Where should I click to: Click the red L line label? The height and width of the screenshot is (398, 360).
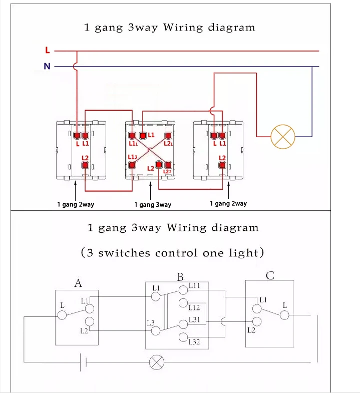tap(47, 50)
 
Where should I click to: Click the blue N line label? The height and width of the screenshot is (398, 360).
tap(47, 66)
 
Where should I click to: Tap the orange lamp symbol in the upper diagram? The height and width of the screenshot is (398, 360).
tap(283, 136)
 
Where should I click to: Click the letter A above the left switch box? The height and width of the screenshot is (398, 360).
tap(78, 283)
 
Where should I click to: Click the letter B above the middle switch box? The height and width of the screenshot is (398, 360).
tap(180, 277)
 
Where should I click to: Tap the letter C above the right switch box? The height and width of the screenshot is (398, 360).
tap(270, 275)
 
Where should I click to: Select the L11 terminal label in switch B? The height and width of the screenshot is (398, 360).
tap(194, 285)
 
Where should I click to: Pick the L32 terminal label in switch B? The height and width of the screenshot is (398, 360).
tap(194, 342)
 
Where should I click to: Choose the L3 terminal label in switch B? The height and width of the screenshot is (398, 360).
tap(151, 323)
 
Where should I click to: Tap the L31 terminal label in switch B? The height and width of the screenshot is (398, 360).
tap(194, 320)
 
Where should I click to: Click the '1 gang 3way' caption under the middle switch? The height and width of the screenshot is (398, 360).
tap(153, 204)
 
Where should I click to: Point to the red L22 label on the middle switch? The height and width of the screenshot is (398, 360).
tap(168, 172)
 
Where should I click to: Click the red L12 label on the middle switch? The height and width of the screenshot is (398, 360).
tap(133, 157)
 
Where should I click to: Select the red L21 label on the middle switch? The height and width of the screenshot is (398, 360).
tap(168, 144)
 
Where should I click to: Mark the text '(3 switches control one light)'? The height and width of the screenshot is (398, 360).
tap(172, 252)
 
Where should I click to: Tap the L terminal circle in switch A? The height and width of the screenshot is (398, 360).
tap(62, 315)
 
